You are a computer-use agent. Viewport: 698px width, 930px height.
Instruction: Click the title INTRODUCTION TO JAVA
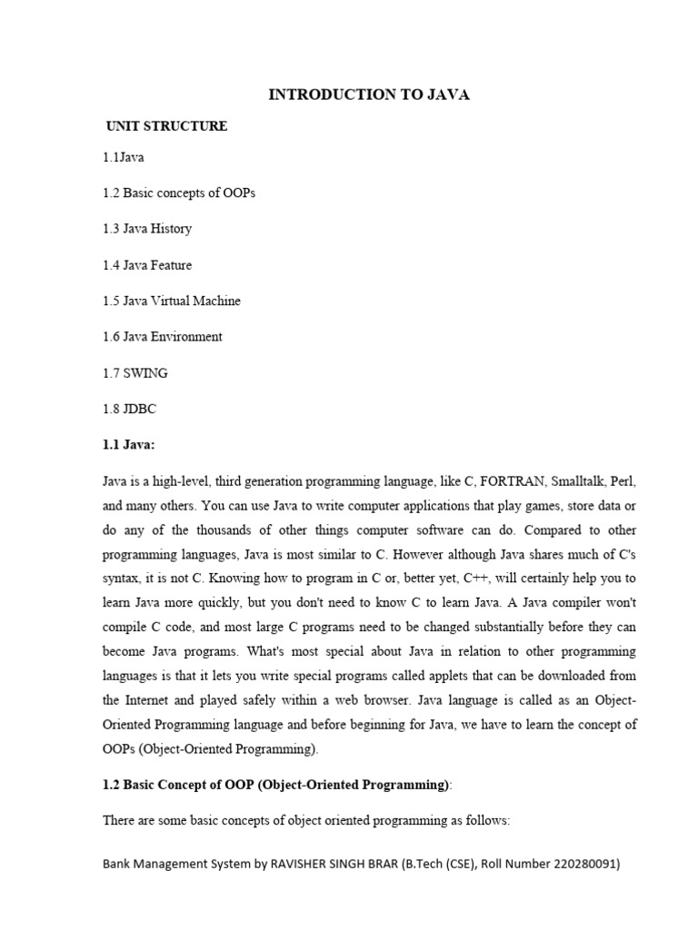click(x=369, y=94)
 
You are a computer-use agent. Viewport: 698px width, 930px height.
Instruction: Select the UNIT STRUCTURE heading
click(x=166, y=126)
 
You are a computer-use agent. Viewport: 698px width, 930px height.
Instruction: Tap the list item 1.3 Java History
click(x=147, y=229)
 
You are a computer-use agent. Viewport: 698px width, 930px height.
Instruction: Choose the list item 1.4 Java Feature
click(x=147, y=265)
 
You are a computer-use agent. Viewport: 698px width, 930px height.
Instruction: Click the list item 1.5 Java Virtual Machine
click(x=172, y=301)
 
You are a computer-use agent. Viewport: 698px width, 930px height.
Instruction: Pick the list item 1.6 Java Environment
click(x=163, y=337)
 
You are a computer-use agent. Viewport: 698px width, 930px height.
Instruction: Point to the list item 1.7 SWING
click(x=135, y=372)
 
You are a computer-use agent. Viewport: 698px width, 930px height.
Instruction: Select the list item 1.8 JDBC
click(x=130, y=409)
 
